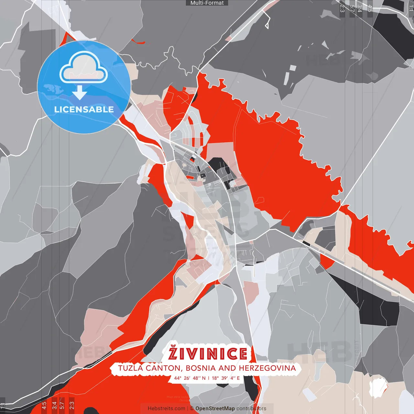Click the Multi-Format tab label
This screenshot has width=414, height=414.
207,3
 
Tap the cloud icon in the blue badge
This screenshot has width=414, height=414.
83,67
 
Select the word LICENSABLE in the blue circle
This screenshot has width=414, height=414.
84,109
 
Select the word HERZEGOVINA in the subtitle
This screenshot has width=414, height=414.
267,368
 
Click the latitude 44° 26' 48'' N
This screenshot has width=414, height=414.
190,378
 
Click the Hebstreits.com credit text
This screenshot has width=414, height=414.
166,409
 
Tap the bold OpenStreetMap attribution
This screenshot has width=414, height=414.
215,409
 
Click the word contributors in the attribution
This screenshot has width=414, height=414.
251,409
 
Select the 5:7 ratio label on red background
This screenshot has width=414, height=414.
62,404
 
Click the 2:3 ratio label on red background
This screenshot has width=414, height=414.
72,404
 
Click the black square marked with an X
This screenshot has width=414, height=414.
203,176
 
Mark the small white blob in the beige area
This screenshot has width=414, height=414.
378,387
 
